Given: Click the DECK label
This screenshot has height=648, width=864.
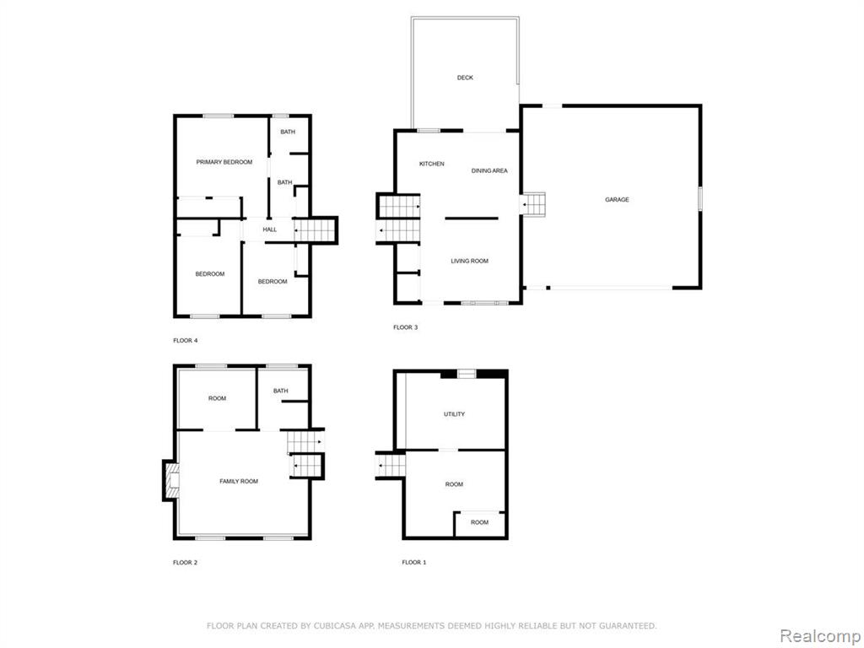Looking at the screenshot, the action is [x=465, y=78].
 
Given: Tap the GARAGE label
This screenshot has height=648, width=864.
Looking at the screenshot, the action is [x=617, y=199].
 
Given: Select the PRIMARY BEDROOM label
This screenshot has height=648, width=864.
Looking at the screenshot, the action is [x=224, y=162].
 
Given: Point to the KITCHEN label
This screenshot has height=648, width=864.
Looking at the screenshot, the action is [x=431, y=164].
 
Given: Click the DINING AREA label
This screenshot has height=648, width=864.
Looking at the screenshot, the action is [x=489, y=170].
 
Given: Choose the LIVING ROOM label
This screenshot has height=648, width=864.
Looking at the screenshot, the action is [x=469, y=262].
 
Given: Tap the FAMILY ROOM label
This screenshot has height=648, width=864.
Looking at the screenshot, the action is [x=239, y=481].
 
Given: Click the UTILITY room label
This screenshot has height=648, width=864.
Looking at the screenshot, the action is [x=454, y=413].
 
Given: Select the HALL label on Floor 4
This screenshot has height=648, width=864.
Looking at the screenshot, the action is [x=269, y=229].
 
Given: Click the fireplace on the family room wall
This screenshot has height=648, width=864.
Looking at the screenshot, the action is [x=171, y=481].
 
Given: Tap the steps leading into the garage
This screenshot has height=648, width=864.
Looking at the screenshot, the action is [x=533, y=204].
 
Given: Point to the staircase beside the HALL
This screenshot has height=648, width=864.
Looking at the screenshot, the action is [x=315, y=229].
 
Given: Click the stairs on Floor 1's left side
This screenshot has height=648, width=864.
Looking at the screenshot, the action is [x=390, y=465].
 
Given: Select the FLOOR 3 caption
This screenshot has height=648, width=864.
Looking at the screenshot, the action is [x=406, y=327].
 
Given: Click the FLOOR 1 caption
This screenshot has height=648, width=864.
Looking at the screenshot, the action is [x=413, y=562].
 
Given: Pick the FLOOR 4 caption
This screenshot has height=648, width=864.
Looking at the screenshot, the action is [x=185, y=341].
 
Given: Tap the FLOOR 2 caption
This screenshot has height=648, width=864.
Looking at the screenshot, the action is [x=185, y=563].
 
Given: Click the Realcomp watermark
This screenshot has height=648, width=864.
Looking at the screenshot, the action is [x=818, y=635].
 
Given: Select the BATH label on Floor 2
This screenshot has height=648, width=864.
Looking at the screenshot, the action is [x=280, y=391].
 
